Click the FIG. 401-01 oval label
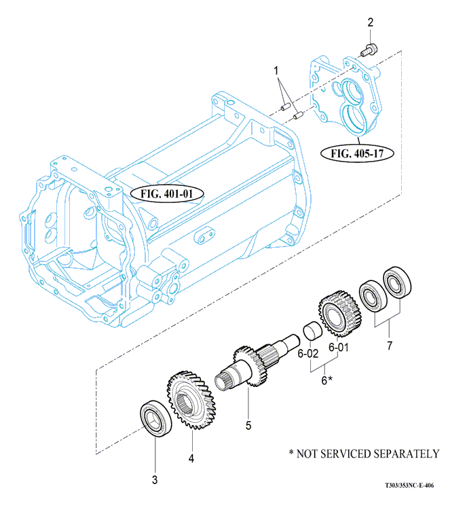coord(167,193)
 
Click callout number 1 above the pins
coord(276,71)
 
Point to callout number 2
coord(370,23)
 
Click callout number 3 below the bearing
coord(155,480)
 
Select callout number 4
coord(191,458)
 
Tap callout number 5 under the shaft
coord(248,426)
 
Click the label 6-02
coord(308,353)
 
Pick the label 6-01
coord(338,348)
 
